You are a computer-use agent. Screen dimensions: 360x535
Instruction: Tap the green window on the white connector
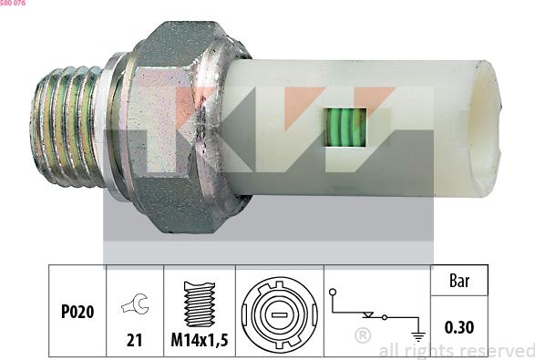[345, 128]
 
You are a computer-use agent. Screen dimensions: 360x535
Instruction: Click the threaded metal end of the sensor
[67, 127]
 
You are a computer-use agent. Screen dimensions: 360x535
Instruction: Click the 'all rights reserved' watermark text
[456, 351]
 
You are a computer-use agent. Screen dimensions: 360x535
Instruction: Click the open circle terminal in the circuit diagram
[334, 293]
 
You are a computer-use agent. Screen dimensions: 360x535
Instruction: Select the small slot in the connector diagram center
[280, 311]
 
